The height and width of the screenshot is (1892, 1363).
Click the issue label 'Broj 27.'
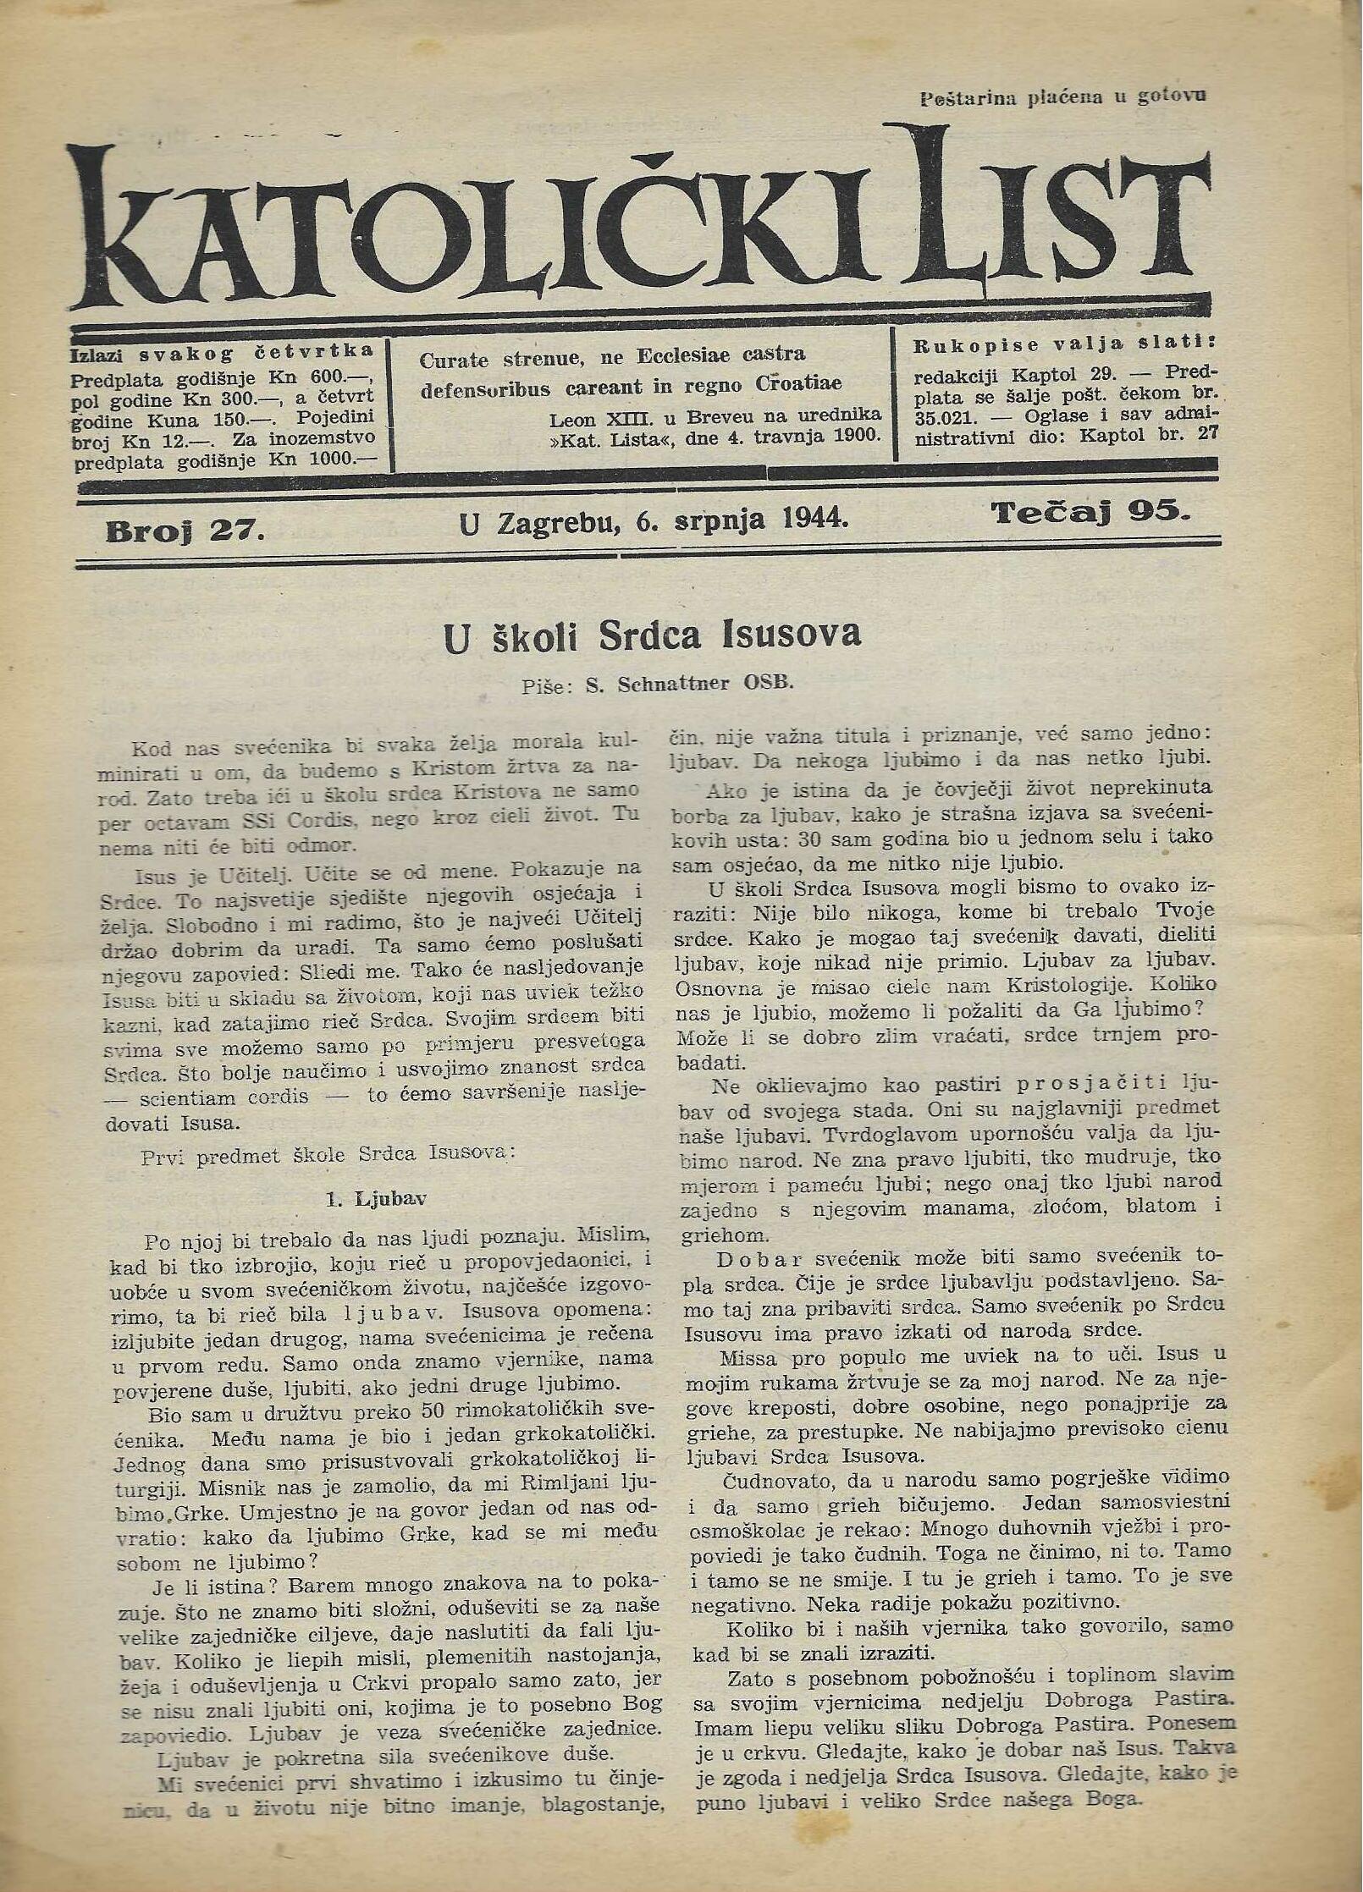pyautogui.click(x=185, y=531)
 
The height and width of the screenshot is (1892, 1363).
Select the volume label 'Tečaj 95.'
pyautogui.click(x=1091, y=512)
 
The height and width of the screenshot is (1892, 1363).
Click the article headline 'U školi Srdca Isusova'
pyautogui.click(x=652, y=635)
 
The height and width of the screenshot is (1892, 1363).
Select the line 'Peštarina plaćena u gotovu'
pyautogui.click(x=1062, y=96)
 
